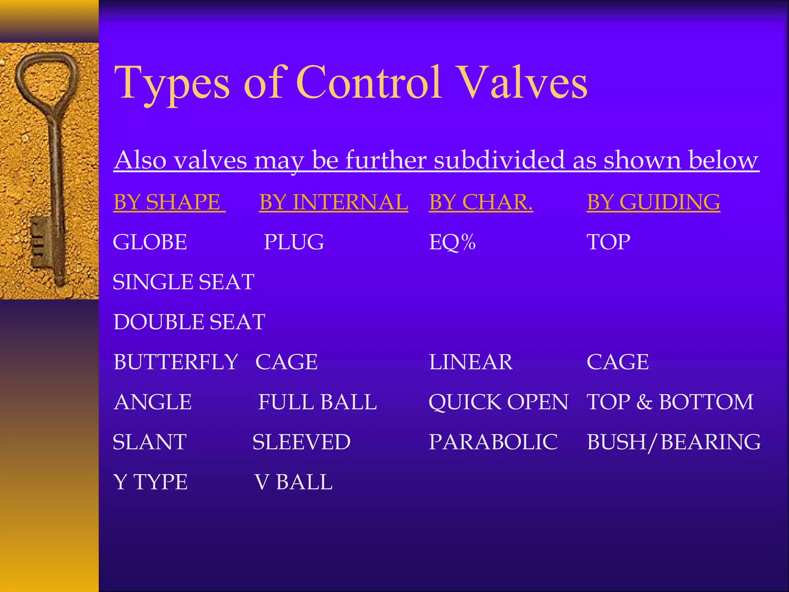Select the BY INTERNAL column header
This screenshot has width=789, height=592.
(x=333, y=202)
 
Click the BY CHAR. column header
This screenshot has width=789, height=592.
(x=480, y=202)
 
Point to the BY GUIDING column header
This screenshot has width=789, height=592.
(x=653, y=202)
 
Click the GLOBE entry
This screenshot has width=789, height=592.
(x=150, y=242)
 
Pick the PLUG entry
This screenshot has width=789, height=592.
(x=294, y=242)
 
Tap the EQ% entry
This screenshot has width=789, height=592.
(x=452, y=242)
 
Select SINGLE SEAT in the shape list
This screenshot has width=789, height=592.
(x=183, y=282)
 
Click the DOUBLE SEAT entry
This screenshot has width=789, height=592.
(x=189, y=322)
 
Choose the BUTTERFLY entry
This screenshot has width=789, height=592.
(x=176, y=362)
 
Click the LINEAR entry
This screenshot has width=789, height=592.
(x=470, y=362)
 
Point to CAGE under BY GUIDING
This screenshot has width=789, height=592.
(x=618, y=362)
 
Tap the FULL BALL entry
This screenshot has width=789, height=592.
(x=317, y=402)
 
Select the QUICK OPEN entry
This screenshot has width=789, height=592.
(x=498, y=402)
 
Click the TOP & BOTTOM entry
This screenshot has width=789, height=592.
(x=670, y=402)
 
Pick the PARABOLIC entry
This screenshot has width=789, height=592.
(x=493, y=442)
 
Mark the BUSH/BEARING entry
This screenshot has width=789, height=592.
(x=673, y=442)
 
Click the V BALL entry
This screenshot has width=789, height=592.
(x=294, y=482)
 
